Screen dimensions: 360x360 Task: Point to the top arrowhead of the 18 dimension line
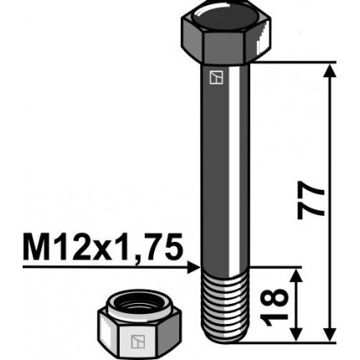point(296,275)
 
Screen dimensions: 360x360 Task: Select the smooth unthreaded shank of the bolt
point(224,167)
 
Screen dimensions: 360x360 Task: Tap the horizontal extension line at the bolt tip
point(293,342)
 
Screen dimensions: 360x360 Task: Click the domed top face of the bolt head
point(227,16)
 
